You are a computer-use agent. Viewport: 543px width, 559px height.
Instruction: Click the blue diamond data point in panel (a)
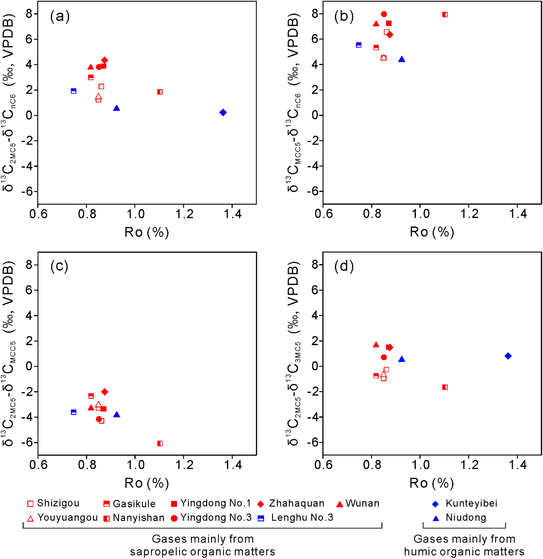point(223,112)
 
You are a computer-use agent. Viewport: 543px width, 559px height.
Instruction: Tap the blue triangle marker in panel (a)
point(116,108)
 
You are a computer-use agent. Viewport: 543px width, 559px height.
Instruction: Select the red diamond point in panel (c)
point(105,392)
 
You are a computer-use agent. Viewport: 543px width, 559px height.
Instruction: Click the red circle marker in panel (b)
point(384,14)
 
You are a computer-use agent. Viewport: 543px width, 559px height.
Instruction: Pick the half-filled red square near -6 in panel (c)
point(160,443)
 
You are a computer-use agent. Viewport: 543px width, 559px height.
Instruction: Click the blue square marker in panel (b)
point(359,45)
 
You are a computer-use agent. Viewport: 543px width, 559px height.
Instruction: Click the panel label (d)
point(344,266)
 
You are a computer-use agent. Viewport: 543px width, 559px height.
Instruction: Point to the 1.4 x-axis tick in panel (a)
point(233,214)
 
